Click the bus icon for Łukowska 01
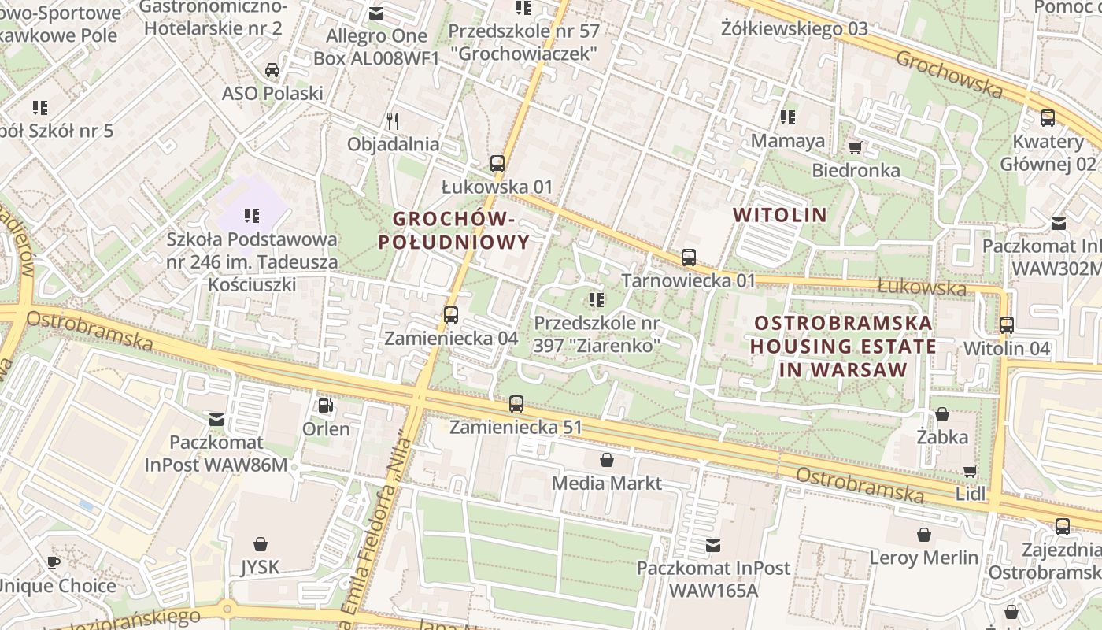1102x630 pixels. [497, 164]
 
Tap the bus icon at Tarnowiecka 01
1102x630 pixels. [689, 257]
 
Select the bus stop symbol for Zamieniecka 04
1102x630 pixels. [451, 314]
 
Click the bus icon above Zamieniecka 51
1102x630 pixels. [516, 403]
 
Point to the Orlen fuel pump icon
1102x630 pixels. [325, 406]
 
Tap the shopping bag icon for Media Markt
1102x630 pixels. [607, 459]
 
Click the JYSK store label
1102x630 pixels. [261, 565]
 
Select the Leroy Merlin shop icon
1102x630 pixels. [924, 535]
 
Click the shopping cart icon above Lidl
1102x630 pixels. [971, 471]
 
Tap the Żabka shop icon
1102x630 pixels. [942, 413]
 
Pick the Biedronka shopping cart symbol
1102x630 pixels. [856, 147]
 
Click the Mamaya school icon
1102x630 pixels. [787, 117]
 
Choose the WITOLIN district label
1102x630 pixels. [780, 214]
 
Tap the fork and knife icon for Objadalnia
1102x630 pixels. [394, 120]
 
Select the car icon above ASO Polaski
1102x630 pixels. [272, 70]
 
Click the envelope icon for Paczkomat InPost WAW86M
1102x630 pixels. [216, 419]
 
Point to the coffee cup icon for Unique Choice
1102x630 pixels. [53, 562]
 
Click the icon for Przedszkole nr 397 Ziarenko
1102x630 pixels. [597, 299]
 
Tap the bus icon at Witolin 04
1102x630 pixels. [1007, 324]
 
